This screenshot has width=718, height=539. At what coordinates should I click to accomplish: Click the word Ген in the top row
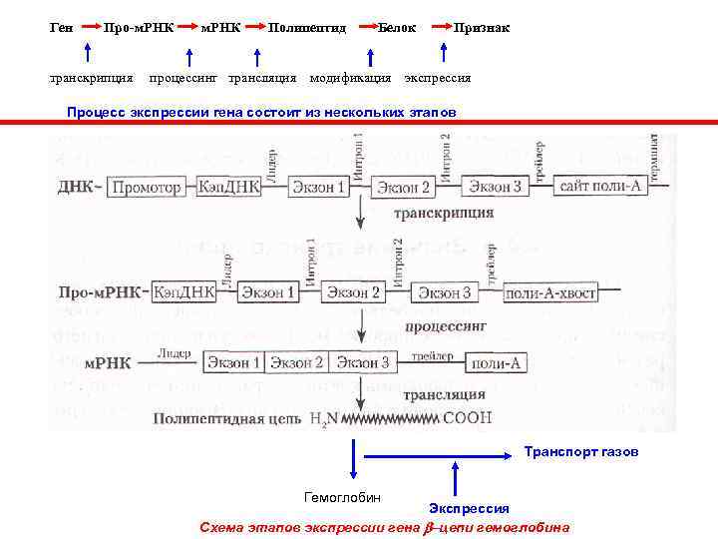click(x=60, y=28)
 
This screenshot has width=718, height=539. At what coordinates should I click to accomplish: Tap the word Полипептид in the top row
click(x=307, y=28)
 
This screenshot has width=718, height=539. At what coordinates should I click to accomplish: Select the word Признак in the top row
click(x=482, y=28)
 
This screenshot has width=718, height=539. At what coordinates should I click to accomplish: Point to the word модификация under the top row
click(x=350, y=78)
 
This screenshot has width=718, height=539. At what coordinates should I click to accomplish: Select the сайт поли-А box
click(x=596, y=187)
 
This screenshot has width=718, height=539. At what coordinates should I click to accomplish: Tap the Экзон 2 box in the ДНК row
click(x=404, y=188)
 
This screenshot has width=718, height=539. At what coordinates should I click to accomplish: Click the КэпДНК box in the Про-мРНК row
click(x=184, y=292)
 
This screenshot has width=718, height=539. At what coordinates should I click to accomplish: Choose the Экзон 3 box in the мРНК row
click(x=362, y=362)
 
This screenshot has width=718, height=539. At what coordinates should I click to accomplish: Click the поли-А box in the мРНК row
click(x=496, y=363)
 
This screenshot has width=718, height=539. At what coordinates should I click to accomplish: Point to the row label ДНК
click(x=79, y=187)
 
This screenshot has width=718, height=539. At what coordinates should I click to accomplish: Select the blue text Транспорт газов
click(x=581, y=452)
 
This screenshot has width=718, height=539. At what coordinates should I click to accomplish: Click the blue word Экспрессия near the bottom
click(x=469, y=509)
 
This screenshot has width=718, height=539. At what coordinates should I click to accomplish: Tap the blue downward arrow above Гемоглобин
click(x=352, y=460)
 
